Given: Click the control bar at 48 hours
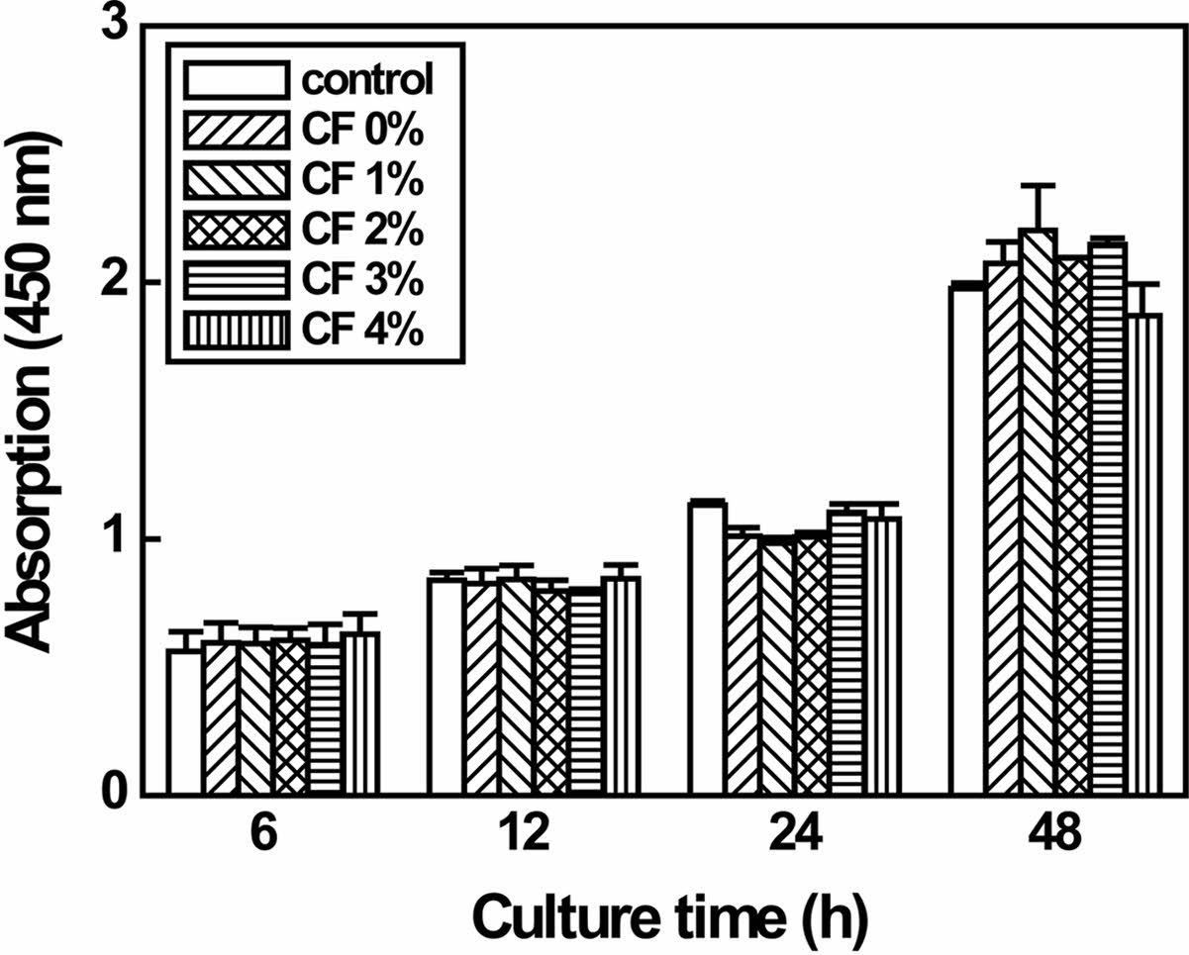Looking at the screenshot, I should point(967,539).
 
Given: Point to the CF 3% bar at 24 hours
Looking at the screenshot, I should point(846,653).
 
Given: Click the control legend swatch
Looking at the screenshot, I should point(238,78).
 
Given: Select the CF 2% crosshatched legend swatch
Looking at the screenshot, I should point(238,230).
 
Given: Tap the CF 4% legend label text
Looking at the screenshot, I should point(366,331).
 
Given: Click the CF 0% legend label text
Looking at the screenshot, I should point(366,129).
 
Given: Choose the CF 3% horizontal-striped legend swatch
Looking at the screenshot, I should point(238,280).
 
